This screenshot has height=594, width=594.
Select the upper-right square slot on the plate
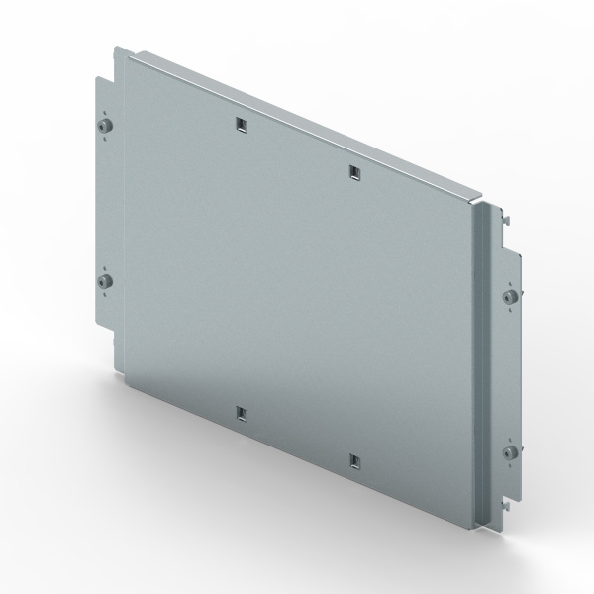(353, 172)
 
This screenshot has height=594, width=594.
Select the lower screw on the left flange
(105, 283)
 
